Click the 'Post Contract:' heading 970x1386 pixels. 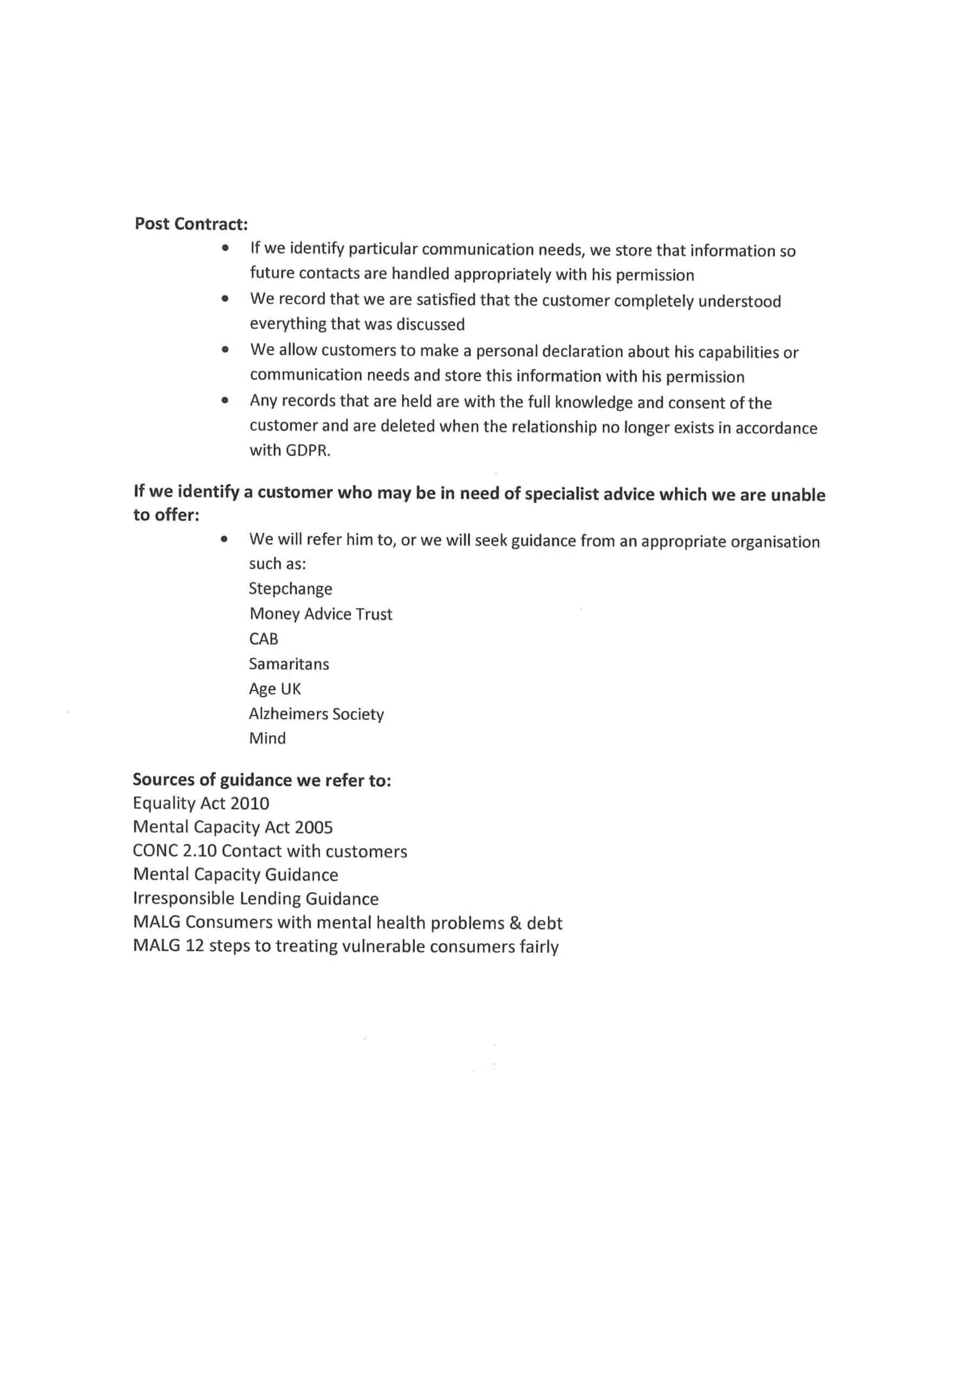[191, 224]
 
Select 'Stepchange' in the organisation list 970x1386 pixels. [290, 589]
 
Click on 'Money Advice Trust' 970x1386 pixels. [321, 614]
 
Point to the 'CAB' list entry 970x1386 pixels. [263, 639]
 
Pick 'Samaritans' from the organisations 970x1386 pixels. [289, 664]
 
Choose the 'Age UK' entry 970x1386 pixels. [275, 689]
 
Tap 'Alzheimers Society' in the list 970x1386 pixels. [316, 714]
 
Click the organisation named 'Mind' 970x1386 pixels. [267, 738]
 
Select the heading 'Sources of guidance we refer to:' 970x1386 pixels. [262, 780]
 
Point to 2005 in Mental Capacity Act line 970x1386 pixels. [314, 828]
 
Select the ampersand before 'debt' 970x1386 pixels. [515, 923]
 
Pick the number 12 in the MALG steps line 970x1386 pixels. [194, 946]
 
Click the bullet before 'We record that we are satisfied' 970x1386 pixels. [225, 298]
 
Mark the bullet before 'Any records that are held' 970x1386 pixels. [225, 400]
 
